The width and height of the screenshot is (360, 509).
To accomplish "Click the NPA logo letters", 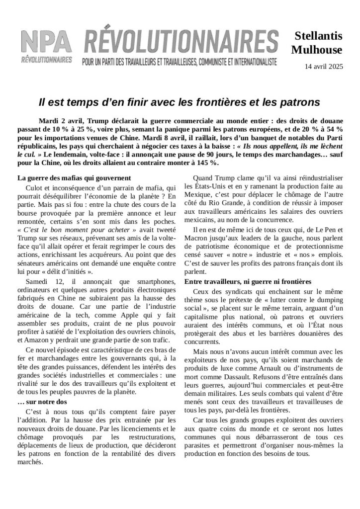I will click(46, 42).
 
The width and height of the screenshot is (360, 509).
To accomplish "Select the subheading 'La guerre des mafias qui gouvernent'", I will click(74, 178).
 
